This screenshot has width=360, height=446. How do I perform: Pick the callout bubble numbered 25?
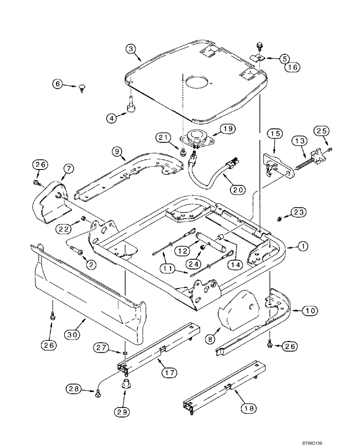click(x=321, y=131)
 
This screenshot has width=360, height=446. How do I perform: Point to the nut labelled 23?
click(x=278, y=219)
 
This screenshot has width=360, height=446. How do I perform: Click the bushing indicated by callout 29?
click(x=125, y=384)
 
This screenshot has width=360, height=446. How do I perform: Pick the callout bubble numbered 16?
click(x=292, y=67)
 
